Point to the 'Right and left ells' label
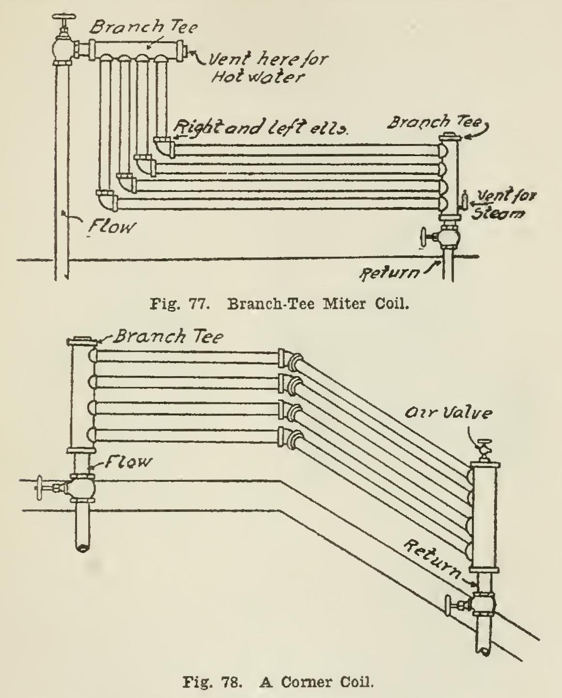[262, 128]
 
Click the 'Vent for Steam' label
[504, 204]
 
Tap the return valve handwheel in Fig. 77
[424, 238]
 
